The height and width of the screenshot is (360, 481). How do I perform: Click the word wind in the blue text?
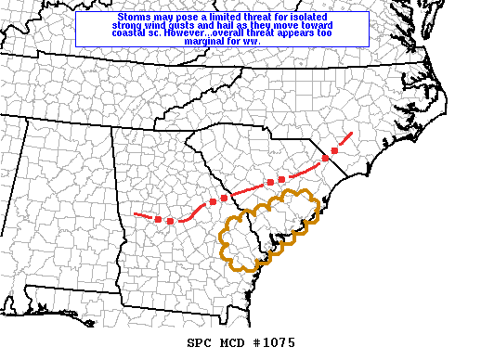(x=171, y=26)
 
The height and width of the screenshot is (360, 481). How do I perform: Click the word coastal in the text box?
(x=136, y=34)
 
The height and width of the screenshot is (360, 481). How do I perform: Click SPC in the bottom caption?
(x=200, y=343)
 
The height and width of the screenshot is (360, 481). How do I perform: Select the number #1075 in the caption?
(x=274, y=343)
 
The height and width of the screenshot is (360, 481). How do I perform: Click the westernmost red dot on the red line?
(x=158, y=219)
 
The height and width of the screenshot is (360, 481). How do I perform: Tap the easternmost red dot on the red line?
(x=334, y=149)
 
